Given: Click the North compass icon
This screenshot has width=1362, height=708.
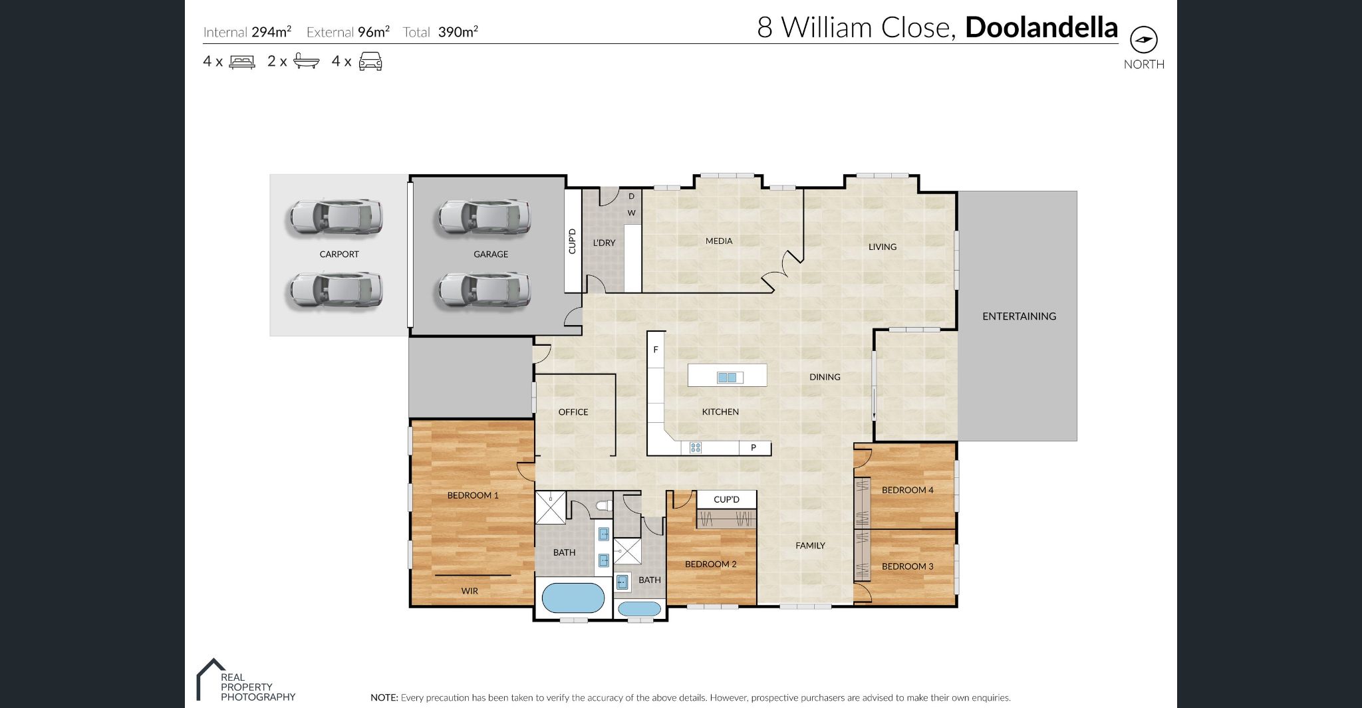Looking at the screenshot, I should coord(1144,40).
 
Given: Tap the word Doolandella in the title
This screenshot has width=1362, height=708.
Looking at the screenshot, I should coord(1041,27).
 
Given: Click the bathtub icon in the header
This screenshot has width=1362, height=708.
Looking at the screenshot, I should coord(306,61).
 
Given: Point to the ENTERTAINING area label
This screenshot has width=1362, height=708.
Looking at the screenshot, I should coord(1019,316).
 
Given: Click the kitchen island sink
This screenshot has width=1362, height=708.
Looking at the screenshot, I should coord(727,378).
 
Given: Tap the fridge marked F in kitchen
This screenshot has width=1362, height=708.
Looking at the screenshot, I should coord(656,350).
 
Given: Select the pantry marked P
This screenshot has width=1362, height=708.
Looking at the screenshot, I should coord(753,447).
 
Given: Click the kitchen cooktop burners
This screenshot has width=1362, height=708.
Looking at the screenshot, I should coord(696,447).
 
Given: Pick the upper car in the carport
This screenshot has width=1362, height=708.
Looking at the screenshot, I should coord(335,217).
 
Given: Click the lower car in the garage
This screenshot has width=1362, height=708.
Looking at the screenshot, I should coord(484,291).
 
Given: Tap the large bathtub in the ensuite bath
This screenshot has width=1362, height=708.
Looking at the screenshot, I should coord(573,598).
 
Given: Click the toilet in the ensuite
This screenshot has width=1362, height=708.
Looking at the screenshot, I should coord(604,507).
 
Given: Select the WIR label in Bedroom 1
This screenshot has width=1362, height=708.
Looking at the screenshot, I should coord(470,591).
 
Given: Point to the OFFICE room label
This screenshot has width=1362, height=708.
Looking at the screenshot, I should coord(573,412).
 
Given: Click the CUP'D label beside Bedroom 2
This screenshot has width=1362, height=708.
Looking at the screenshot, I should coord(726,499).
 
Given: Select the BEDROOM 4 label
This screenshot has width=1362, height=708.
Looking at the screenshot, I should coord(907,490).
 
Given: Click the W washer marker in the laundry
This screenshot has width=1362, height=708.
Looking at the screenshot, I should coord(631,213).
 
